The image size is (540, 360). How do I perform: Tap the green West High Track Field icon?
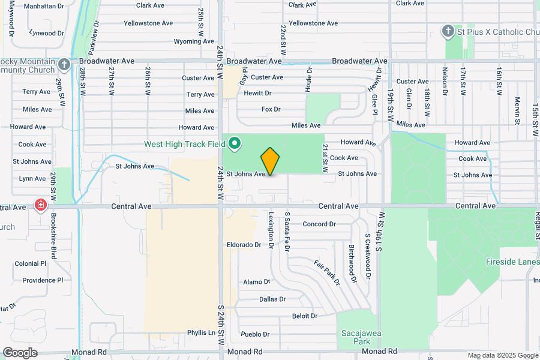tap(235, 144)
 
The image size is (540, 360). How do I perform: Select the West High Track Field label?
tap(184, 144)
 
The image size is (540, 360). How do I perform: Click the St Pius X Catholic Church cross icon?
tap(447, 31)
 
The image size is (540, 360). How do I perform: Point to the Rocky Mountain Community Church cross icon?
tap(65, 64)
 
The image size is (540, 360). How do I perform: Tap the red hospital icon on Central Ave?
tap(41, 206)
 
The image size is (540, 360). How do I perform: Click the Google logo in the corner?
tap(20, 352)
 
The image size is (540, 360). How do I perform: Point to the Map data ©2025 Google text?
tap(503, 355)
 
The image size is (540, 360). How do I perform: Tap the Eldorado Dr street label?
tap(244, 245)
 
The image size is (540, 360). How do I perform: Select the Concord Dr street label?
tap(319, 224)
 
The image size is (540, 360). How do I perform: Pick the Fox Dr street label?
tap(271, 109)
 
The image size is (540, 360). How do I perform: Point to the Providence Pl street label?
tap(43, 280)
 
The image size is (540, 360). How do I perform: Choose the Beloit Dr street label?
tap(304, 316)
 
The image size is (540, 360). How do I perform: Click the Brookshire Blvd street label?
tap(54, 237)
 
